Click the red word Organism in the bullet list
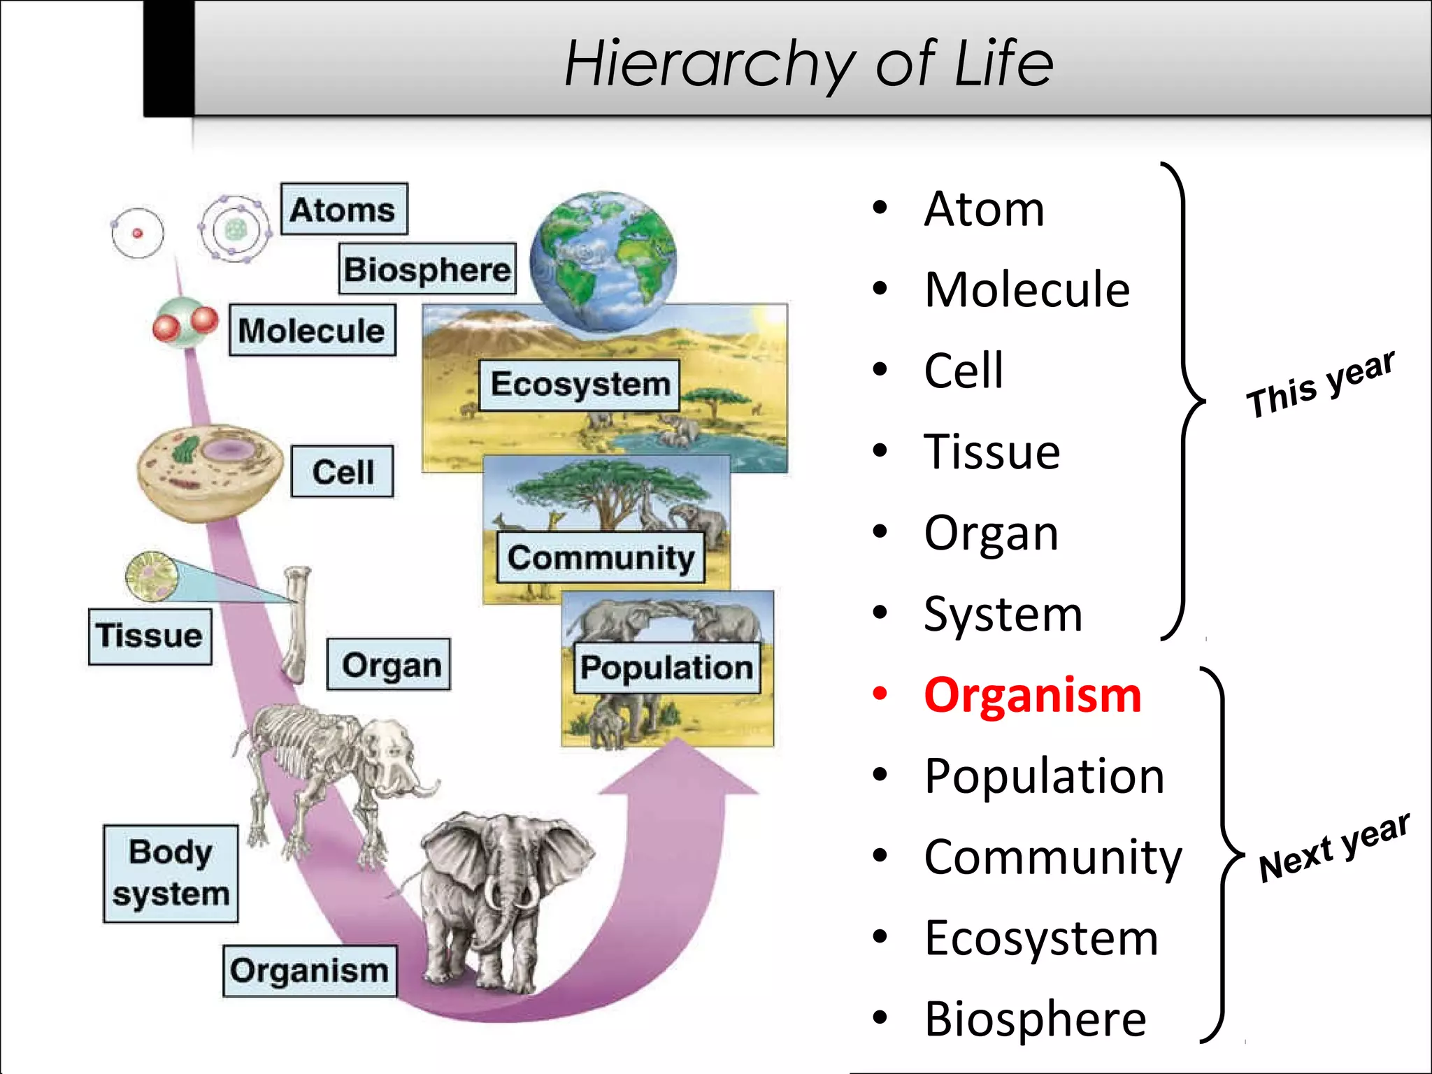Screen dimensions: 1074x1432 click(x=1032, y=696)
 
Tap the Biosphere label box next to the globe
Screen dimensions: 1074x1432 click(x=427, y=269)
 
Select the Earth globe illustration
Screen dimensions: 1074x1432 click(x=603, y=260)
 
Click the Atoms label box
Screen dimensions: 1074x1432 click(x=343, y=209)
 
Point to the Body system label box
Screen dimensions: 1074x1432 click(x=171, y=873)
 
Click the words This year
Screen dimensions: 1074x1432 click(x=1319, y=384)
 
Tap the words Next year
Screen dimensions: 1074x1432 click(x=1333, y=847)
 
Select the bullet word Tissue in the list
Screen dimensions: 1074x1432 click(x=991, y=452)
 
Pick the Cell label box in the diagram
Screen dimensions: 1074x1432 click(x=343, y=472)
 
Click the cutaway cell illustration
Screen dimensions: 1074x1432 click(x=210, y=472)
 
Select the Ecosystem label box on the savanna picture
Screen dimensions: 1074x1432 click(x=580, y=385)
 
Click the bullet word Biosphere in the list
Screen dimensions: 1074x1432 click(x=1035, y=1019)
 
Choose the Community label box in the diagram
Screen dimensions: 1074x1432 click(x=601, y=557)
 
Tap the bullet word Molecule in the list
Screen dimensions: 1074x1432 click(x=1026, y=289)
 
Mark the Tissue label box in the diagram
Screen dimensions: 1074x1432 click(x=150, y=636)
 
